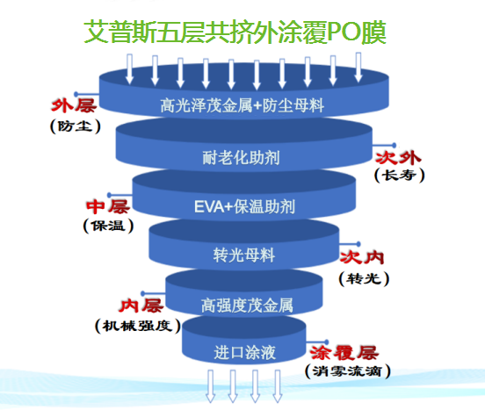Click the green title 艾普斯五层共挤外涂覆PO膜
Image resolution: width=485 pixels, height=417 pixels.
pyautogui.click(x=235, y=32)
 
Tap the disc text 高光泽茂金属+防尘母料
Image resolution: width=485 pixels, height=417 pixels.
pyautogui.click(x=242, y=105)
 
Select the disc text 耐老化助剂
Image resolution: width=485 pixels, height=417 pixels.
pyautogui.click(x=241, y=158)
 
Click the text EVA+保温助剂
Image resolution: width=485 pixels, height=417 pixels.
pyautogui.click(x=244, y=206)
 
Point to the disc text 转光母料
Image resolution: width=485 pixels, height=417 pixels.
pyautogui.click(x=244, y=255)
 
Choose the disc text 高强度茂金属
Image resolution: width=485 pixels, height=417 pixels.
pyautogui.click(x=247, y=306)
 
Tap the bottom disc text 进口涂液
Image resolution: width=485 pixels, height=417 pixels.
pyautogui.click(x=244, y=353)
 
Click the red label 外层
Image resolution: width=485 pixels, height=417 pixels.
pyautogui.click(x=74, y=105)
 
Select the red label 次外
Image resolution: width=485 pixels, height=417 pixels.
pyautogui.click(x=398, y=158)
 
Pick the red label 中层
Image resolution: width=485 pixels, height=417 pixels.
pyautogui.click(x=108, y=206)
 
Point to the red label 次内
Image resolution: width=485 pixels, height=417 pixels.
pyautogui.click(x=362, y=257)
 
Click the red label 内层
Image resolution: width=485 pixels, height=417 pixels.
pyautogui.click(x=141, y=306)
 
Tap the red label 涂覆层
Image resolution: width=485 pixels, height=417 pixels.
pyautogui.click(x=344, y=353)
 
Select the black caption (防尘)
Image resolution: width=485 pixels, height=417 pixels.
pyautogui.click(x=76, y=126)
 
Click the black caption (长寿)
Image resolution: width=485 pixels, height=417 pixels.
pyautogui.click(x=399, y=175)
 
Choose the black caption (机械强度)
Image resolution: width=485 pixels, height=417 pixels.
pyautogui.click(x=138, y=326)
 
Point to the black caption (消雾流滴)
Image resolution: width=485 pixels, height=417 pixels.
pyautogui.click(x=348, y=371)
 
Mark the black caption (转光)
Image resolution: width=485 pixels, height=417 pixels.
pyautogui.click(x=364, y=279)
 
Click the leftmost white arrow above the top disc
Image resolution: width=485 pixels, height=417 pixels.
pyautogui.click(x=130, y=69)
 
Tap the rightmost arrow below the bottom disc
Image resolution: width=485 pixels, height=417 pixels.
pyautogui.click(x=277, y=386)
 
